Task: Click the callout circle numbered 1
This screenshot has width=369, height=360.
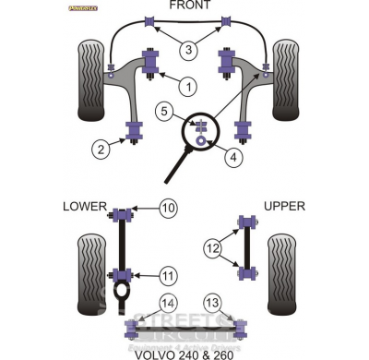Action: point(188,88)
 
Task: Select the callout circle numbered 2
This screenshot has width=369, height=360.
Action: point(99,146)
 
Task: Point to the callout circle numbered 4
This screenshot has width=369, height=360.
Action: point(234,158)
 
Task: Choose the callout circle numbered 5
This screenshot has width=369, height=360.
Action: point(164,113)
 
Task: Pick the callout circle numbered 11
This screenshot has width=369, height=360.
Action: point(168,276)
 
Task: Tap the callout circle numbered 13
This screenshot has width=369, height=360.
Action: point(213,303)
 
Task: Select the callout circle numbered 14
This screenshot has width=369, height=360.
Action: point(168,303)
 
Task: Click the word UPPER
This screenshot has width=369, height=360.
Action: point(283,206)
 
